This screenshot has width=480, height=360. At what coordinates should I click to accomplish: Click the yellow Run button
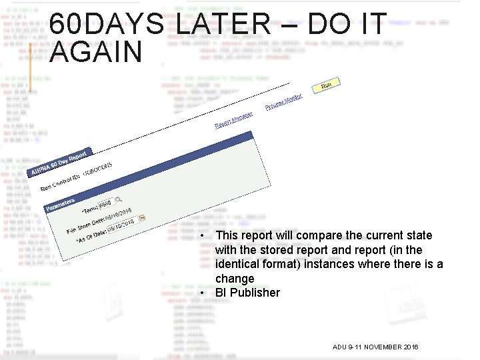click(326, 85)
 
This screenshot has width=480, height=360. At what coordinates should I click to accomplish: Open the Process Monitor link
click(283, 102)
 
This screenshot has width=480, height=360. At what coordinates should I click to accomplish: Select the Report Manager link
click(233, 120)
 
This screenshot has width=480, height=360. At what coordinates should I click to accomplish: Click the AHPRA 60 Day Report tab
click(59, 163)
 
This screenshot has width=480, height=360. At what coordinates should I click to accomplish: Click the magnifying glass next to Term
click(119, 199)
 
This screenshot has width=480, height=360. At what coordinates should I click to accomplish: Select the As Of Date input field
click(120, 223)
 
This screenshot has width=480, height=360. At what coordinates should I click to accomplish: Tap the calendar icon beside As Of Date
click(141, 217)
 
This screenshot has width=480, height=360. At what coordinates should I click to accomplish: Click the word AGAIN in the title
click(96, 52)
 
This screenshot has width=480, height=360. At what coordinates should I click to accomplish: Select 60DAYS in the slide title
click(107, 25)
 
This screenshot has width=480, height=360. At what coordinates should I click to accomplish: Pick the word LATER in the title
click(224, 25)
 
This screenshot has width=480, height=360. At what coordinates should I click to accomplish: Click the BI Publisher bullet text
click(247, 293)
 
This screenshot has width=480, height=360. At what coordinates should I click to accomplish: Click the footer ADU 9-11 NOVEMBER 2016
click(375, 347)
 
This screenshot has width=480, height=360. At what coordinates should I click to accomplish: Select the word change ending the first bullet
click(235, 279)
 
